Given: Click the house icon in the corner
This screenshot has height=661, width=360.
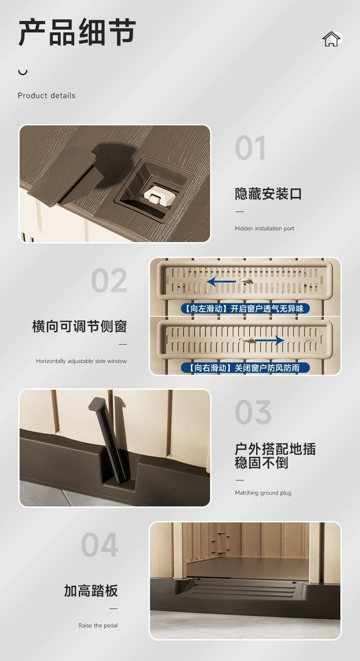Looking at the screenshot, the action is coord(331,39).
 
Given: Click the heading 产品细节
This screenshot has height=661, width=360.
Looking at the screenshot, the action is coord(77,32).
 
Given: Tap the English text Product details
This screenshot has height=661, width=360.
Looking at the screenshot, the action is coord(46,95).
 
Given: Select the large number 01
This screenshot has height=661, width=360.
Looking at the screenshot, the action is coord(250,148).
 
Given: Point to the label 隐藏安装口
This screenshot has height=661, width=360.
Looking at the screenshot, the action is coord(268,194).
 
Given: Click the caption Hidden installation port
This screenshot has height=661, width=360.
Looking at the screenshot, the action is coord(264,228).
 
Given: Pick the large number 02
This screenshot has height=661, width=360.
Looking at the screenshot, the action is coord(109,281).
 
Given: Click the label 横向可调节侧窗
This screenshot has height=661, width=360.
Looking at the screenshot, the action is coord(79,327).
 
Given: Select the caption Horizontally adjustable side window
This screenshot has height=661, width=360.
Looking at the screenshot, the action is coord(82,361).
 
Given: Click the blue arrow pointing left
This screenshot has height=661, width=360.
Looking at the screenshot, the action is coord(221,282).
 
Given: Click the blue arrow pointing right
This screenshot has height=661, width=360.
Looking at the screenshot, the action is coord(269,340).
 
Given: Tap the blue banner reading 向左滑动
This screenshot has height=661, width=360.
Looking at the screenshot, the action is coord(245,309).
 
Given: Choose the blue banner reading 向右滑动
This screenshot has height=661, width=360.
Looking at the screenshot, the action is coord(245,368).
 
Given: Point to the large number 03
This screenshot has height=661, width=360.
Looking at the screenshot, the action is coord(253,412).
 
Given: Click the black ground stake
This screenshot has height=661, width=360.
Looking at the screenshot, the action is coord(110,440).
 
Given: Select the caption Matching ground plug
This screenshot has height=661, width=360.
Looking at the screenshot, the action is coord(263,492).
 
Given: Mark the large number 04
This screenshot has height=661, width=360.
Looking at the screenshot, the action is coord(100,545).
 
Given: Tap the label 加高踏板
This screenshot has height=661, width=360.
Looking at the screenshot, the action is coord(91,591).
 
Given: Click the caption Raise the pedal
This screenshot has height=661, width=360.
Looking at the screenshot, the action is coord(98,625).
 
